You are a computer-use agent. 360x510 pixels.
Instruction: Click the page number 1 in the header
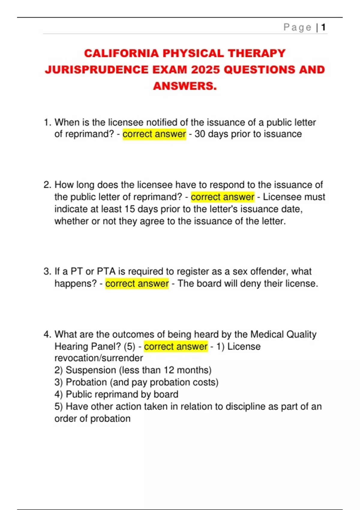(323, 27)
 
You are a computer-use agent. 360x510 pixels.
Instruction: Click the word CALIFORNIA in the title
(121, 53)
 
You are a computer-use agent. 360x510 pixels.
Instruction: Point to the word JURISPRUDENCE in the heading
(97, 70)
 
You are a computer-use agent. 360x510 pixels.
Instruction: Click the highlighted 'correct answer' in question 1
(154, 134)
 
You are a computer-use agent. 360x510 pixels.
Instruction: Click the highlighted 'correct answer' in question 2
(223, 197)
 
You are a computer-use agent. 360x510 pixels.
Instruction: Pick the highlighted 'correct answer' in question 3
(137, 283)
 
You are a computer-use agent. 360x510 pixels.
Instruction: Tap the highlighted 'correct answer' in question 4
(176, 346)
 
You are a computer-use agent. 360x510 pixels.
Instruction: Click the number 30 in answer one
(200, 134)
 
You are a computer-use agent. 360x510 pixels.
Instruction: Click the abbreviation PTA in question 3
(106, 271)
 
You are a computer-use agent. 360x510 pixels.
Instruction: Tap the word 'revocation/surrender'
(99, 358)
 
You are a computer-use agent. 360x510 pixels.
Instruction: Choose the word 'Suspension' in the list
(91, 370)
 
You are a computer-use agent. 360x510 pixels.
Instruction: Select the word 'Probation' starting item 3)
(86, 382)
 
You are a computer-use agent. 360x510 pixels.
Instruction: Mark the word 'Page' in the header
(297, 27)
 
